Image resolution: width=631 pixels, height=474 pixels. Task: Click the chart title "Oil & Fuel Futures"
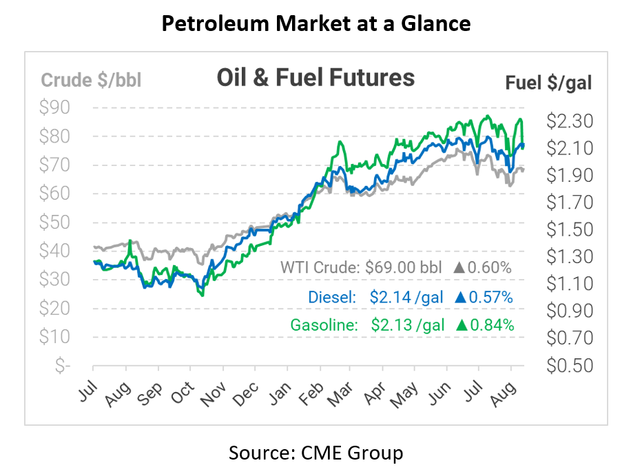pos(315,77)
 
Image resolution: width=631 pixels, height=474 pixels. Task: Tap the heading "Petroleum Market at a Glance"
pos(315,24)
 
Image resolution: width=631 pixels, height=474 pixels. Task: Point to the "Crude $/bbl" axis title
pos(91,81)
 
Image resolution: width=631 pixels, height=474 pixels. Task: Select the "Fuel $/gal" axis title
pos(548,83)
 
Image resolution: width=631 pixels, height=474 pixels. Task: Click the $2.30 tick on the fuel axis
pos(569,121)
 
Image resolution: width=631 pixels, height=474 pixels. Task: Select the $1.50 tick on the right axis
pos(569,229)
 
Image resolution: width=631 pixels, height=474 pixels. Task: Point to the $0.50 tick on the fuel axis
pos(569,365)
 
